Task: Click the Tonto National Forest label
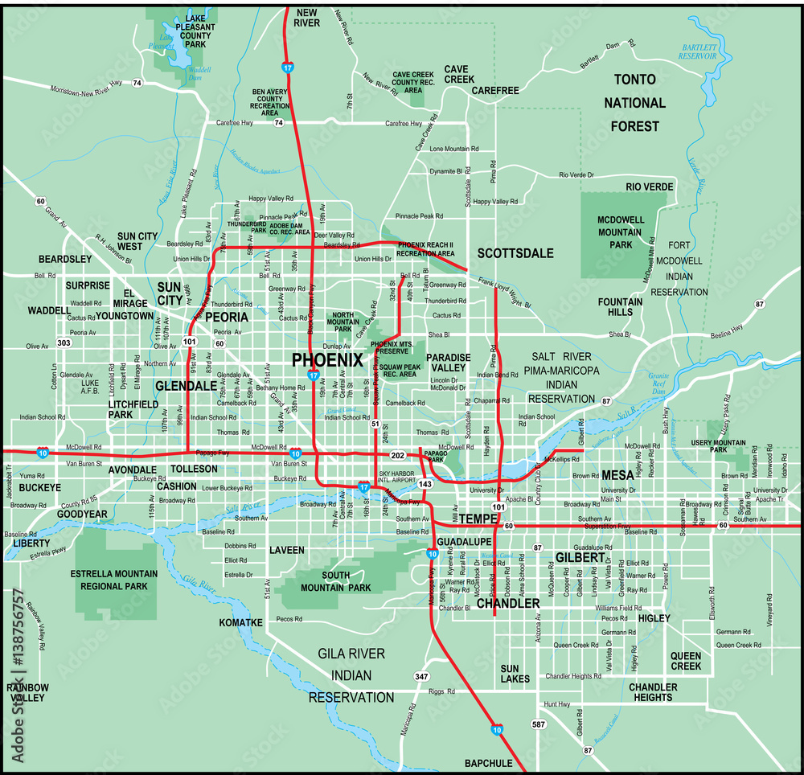tap(634, 103)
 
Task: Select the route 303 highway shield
tap(64, 343)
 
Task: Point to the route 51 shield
tap(375, 424)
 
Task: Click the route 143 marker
tap(425, 484)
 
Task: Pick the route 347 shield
tap(420, 676)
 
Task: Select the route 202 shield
tap(398, 455)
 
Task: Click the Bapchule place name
tap(488, 762)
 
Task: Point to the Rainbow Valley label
tap(28, 692)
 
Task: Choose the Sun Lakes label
tap(515, 674)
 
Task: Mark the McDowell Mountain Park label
tap(619, 232)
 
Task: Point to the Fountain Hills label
tap(620, 307)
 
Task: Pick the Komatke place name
tap(240, 623)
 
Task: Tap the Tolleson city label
tap(195, 469)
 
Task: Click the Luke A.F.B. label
tap(90, 387)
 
